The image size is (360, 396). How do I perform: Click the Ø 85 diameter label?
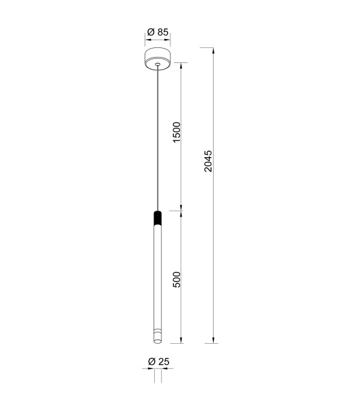tap(158, 32)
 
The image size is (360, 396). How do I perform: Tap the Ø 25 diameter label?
tap(158, 361)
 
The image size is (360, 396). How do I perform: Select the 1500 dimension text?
tap(176, 133)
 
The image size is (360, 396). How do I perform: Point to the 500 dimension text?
tap(176, 280)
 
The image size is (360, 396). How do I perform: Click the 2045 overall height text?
tap(208, 161)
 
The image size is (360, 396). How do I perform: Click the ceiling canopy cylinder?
tap(158, 59)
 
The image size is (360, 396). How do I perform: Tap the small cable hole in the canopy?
tap(158, 64)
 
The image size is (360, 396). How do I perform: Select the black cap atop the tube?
tap(158, 218)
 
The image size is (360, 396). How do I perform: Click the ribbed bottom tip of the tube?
tap(158, 336)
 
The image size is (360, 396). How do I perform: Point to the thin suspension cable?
tap(158, 138)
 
